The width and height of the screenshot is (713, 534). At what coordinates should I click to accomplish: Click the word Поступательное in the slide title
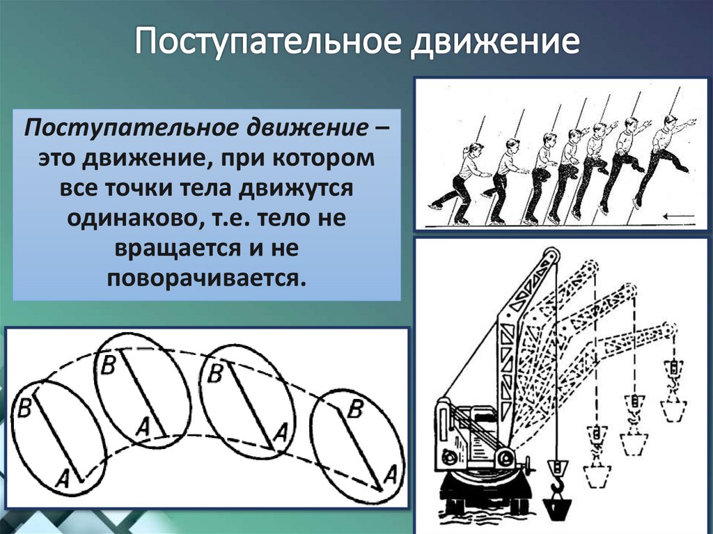click(265, 42)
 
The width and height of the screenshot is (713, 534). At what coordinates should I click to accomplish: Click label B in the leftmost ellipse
click(24, 409)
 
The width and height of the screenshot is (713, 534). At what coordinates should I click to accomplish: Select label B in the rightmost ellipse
click(354, 409)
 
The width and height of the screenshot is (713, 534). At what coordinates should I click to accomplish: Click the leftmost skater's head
click(476, 149)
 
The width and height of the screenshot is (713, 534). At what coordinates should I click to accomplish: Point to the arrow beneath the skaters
click(678, 217)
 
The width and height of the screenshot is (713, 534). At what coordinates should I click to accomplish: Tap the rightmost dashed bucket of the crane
click(673, 409)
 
